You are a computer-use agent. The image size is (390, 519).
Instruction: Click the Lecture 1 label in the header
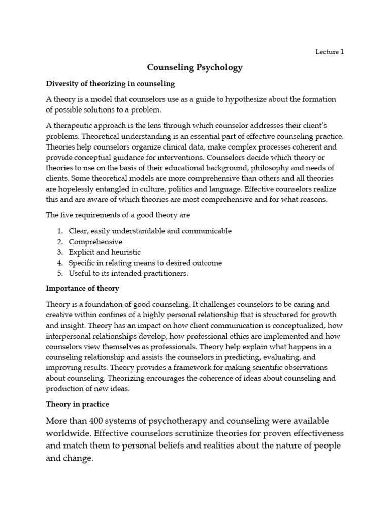click(x=330, y=52)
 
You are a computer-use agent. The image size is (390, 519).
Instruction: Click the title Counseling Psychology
click(x=195, y=67)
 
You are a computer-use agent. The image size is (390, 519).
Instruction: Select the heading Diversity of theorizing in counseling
click(x=110, y=83)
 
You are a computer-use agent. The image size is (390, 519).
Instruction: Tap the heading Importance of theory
click(x=82, y=288)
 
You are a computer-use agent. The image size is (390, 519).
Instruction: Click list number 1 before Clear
click(x=60, y=231)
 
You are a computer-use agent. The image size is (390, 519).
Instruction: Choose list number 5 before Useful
click(x=60, y=273)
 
